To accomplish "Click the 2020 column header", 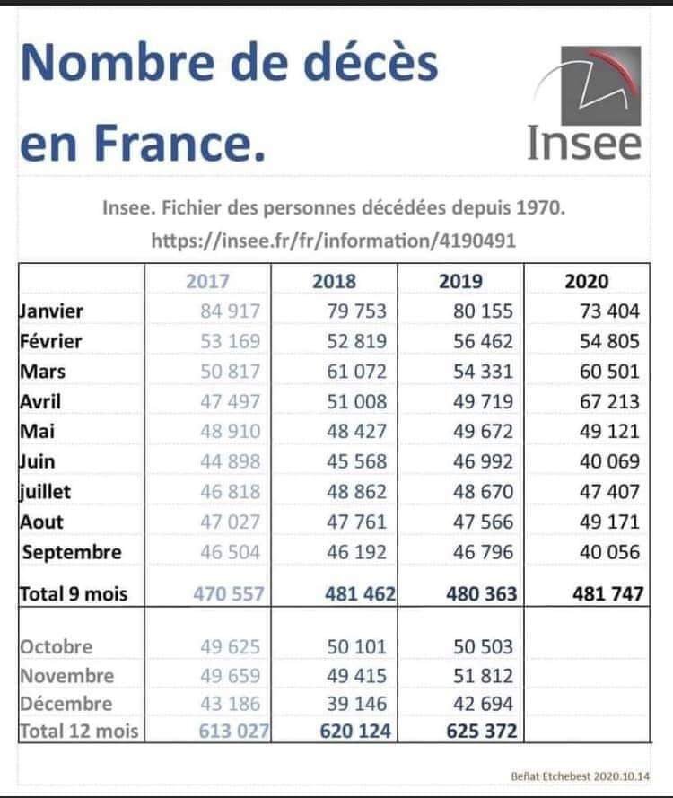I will coord(587,281).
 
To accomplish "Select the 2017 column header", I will coord(208,281).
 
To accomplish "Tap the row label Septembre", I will coord(72,552).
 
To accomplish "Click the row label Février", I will coord(51,341).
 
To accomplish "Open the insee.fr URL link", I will coord(334,240).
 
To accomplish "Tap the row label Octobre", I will coord(56,646).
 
